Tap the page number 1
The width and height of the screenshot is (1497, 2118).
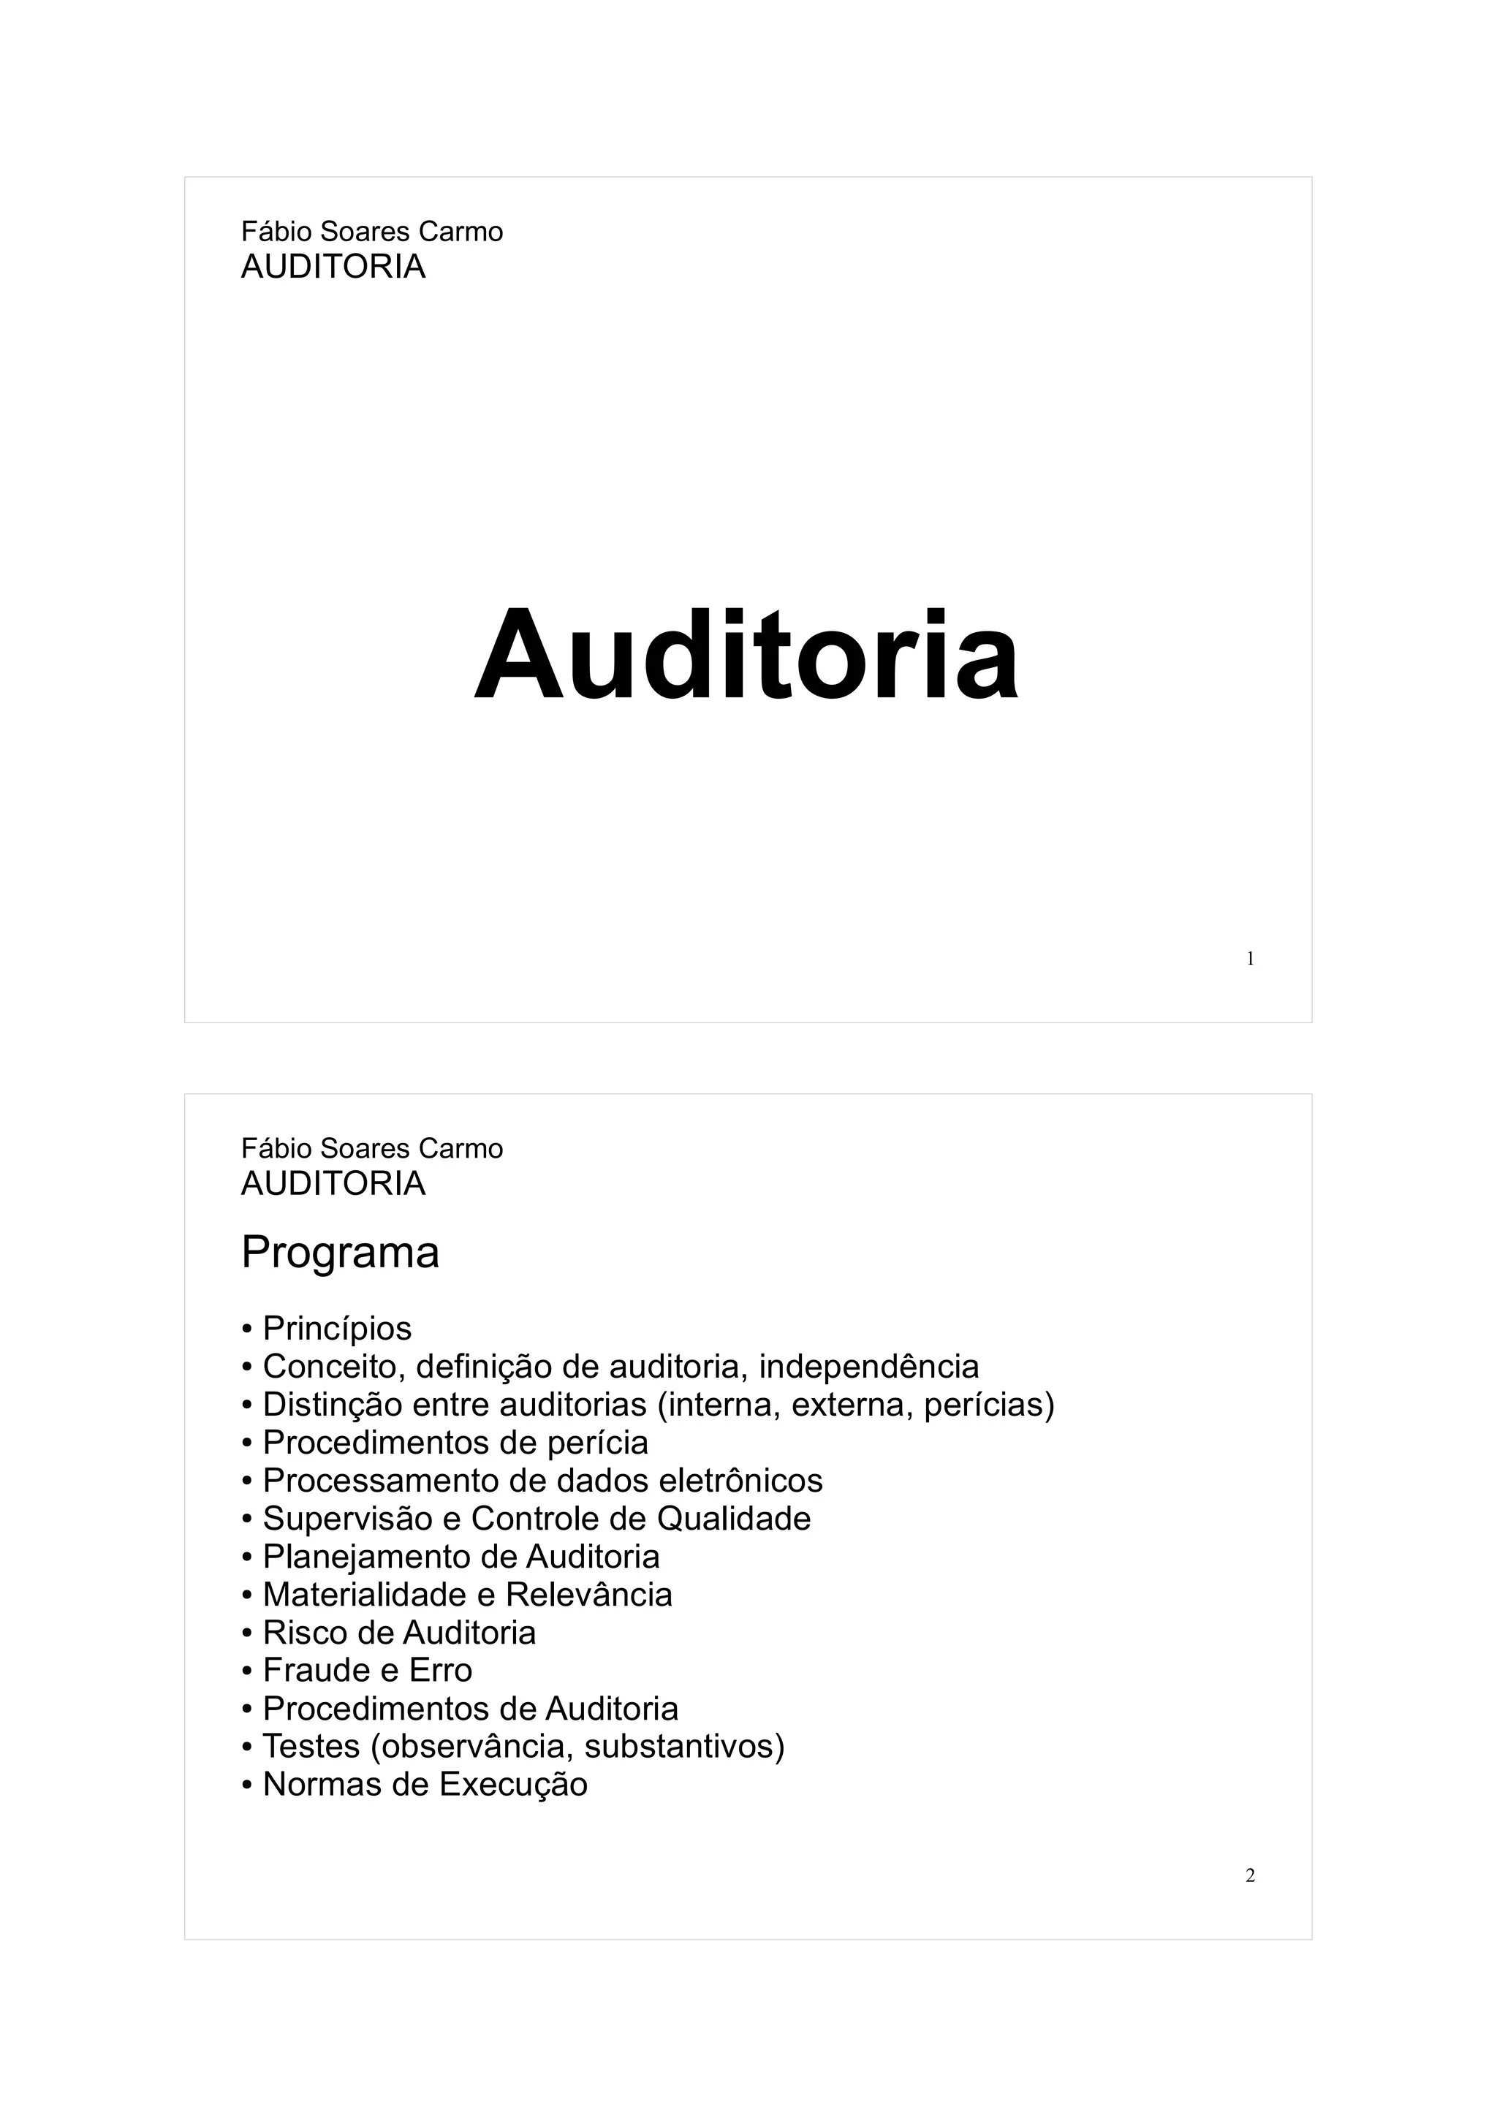tap(1250, 960)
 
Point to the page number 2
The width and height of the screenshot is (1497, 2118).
tap(1250, 1875)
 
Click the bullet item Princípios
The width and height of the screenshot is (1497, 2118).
tap(337, 1329)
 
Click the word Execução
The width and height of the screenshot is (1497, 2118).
tap(513, 1785)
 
